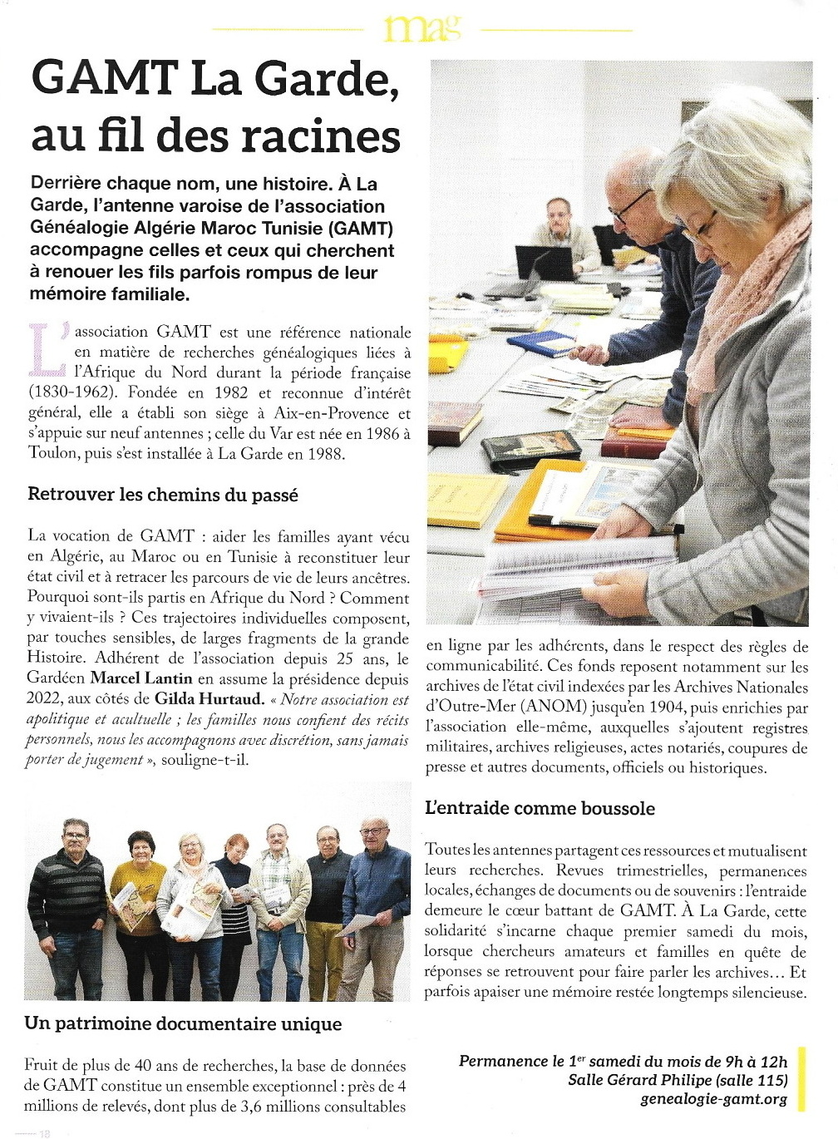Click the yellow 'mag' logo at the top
pos(421,29)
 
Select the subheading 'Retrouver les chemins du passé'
pos(163,495)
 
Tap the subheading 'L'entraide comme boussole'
pos(540,808)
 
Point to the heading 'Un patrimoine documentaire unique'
pos(183,1023)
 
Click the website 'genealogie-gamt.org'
pos(713,1099)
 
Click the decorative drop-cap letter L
pos(47,348)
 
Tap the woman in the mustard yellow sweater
pos(138,898)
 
